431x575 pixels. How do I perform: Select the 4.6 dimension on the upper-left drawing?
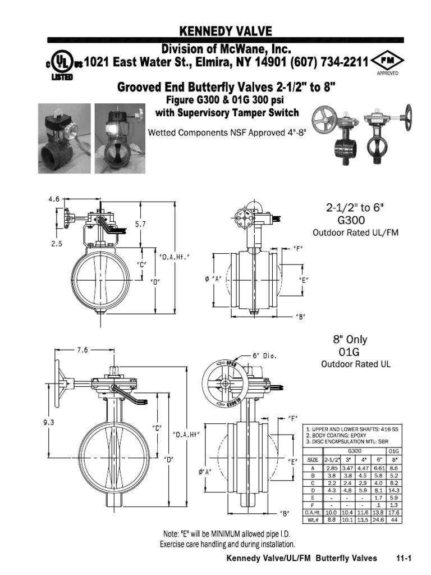point(54,199)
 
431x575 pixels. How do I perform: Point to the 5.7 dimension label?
point(141,223)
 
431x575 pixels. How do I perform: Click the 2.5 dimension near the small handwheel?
point(56,244)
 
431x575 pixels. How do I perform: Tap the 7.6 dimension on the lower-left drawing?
point(82,350)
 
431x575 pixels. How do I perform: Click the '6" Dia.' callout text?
point(265,356)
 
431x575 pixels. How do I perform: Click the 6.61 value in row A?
point(378,467)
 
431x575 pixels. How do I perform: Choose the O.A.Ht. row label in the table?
point(313,512)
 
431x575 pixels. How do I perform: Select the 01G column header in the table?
point(393,450)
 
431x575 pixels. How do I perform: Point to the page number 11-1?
point(404,558)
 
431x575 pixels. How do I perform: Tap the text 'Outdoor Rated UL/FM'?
point(355,232)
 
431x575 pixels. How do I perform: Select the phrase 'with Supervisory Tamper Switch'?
point(227,113)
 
